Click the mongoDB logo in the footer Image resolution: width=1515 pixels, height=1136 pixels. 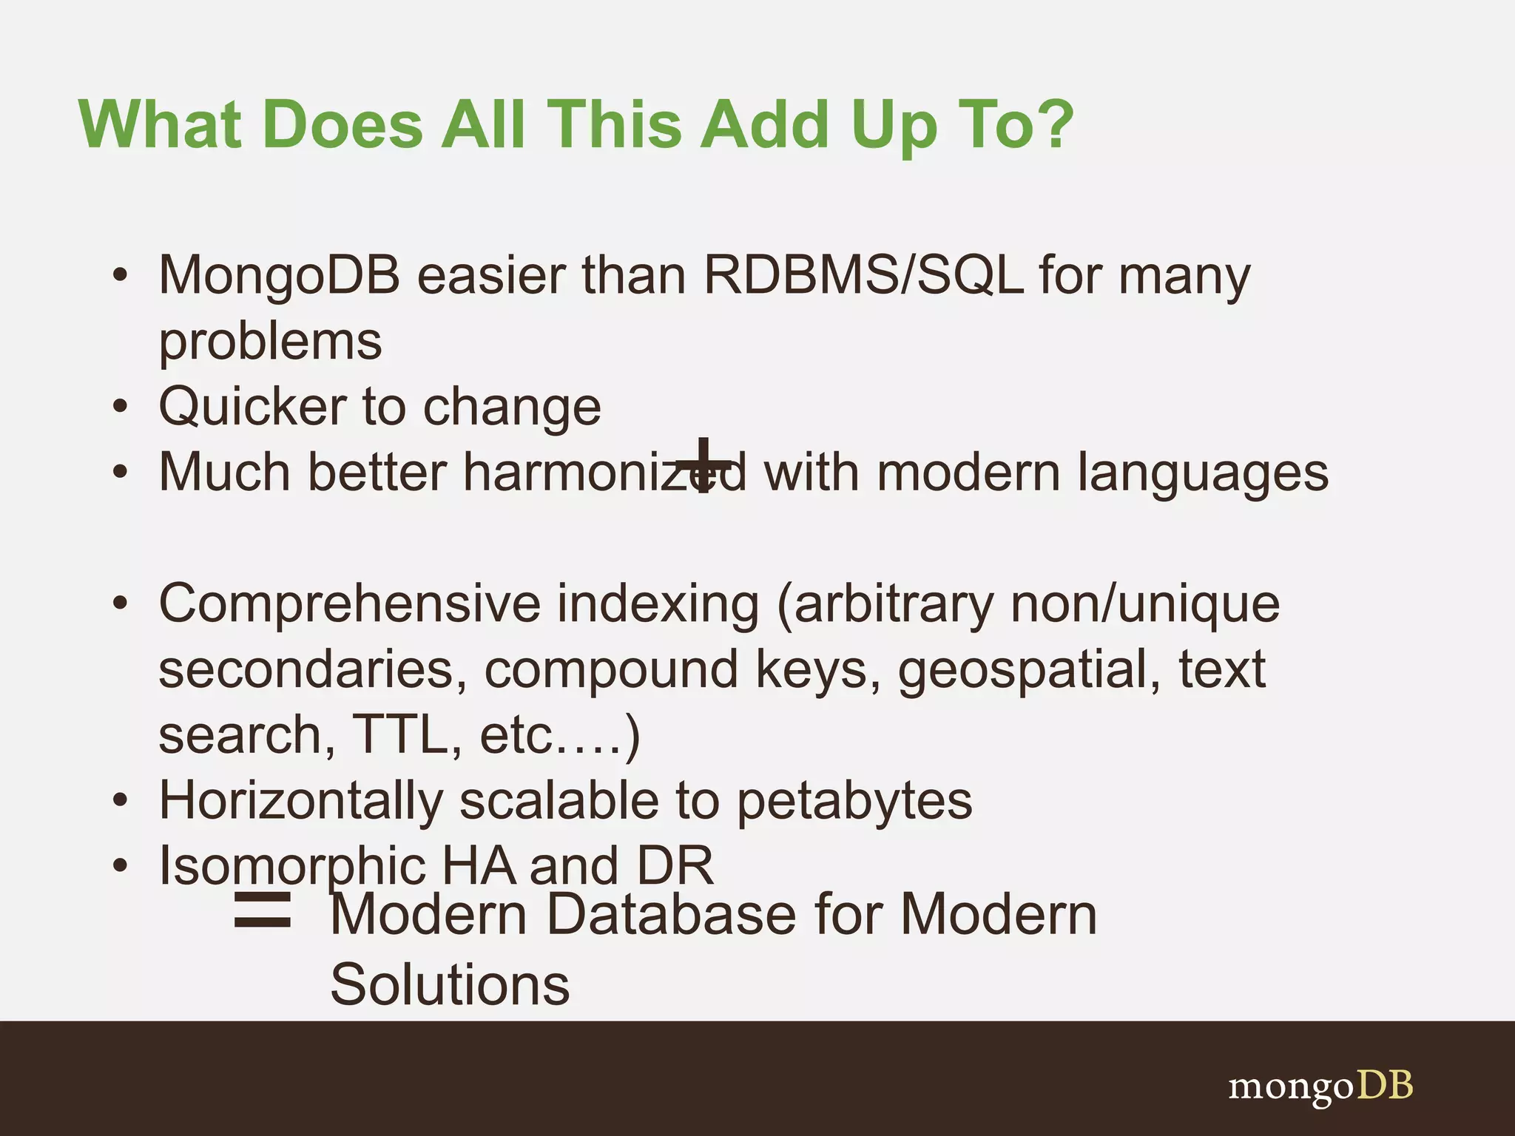click(x=1320, y=1086)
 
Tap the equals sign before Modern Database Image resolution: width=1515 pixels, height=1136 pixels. click(x=262, y=910)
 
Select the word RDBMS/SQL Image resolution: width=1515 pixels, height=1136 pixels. click(x=863, y=275)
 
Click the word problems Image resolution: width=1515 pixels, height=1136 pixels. click(x=270, y=342)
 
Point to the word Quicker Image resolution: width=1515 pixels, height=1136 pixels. click(x=252, y=407)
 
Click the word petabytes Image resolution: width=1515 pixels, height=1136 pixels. click(x=854, y=800)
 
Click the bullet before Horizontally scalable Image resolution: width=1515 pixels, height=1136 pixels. click(x=121, y=800)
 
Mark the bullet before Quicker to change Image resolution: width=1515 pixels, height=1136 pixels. click(x=121, y=407)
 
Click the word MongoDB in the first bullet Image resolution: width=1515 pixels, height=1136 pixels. click(x=279, y=275)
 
